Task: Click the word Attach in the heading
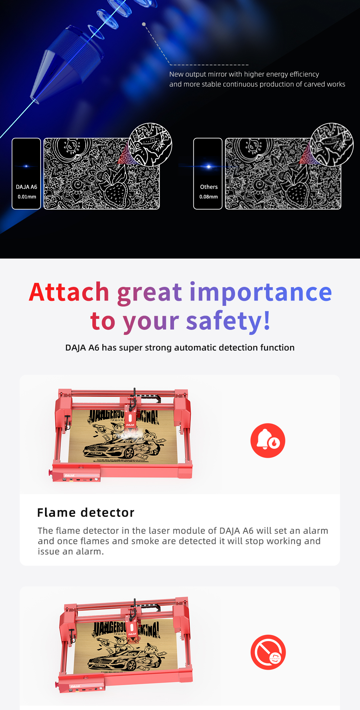69,292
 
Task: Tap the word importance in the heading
260,292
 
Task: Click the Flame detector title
86,512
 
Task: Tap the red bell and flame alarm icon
268,440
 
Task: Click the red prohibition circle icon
268,652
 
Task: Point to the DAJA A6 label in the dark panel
27,187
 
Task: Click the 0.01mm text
27,197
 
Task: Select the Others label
209,187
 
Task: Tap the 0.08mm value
208,197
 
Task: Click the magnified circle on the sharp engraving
150,145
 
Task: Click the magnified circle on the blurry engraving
332,145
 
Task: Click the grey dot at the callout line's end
144,24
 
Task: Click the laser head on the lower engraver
132,626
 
